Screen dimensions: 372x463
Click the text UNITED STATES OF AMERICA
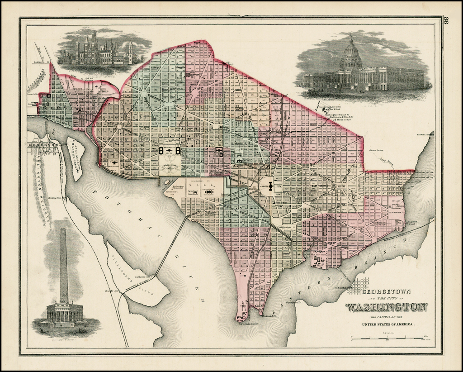click(388, 324)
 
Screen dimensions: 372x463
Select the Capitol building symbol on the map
click(270, 186)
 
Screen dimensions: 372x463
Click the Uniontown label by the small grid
click(344, 287)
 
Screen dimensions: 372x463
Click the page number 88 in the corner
click(447, 21)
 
